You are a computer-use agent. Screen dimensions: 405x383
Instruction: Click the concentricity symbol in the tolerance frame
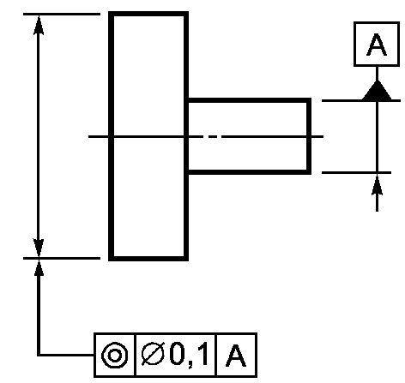115,356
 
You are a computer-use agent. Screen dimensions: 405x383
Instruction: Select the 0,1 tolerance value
189,355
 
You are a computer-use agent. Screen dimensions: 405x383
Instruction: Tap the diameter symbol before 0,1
153,355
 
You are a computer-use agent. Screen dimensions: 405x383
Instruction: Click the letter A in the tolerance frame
236,356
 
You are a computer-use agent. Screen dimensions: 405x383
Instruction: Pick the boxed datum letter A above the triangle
377,45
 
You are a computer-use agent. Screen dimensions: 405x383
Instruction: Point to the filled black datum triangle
377,91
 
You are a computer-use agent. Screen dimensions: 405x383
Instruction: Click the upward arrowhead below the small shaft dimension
377,185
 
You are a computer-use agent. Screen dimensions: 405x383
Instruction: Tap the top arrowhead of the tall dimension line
39,25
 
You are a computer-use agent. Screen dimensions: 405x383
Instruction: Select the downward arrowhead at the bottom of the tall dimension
39,248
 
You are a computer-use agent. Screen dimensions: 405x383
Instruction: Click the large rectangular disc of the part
148,136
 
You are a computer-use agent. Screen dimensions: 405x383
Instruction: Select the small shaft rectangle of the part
249,136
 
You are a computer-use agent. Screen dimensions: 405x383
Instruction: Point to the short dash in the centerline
213,137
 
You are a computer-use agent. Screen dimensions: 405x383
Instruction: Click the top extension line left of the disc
62,14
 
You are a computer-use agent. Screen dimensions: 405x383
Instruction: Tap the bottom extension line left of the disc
62,258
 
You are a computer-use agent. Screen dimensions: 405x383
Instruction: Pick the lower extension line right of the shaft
356,172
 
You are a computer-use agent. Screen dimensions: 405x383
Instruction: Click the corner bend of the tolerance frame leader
39,355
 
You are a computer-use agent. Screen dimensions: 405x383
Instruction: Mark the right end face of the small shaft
309,136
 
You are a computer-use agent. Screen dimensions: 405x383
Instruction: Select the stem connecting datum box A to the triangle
377,74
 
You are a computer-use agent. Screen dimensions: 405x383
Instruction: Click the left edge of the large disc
112,136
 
